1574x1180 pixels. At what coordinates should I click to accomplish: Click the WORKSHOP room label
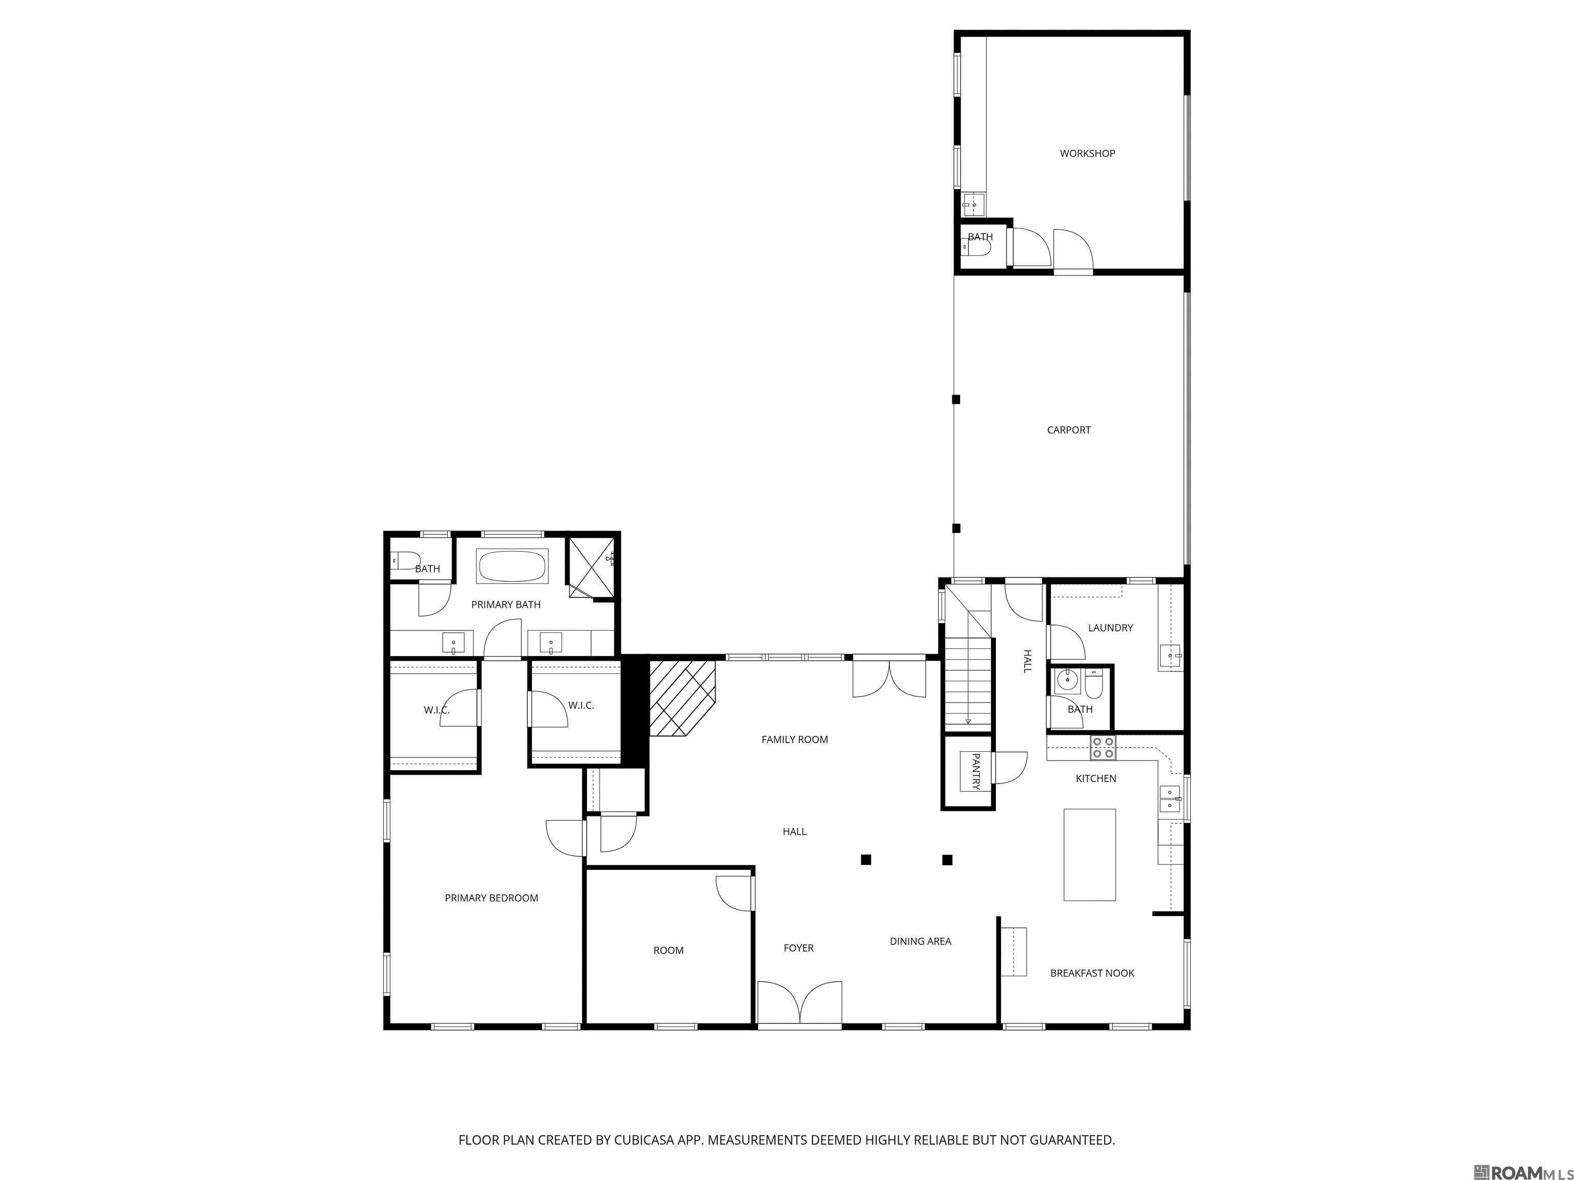pyautogui.click(x=1087, y=154)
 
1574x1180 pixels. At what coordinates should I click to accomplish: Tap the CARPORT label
pyautogui.click(x=1068, y=430)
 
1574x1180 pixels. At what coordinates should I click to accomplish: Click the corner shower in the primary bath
pyautogui.click(x=591, y=566)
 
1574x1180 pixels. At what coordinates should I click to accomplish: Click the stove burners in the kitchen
pyautogui.click(x=1103, y=748)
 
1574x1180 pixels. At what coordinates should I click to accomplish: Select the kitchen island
pyautogui.click(x=1089, y=854)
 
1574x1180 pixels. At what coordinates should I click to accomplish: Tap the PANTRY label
pyautogui.click(x=976, y=772)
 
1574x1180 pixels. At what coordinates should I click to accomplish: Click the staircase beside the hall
pyautogui.click(x=968, y=683)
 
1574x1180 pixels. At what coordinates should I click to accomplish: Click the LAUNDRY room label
pyautogui.click(x=1110, y=628)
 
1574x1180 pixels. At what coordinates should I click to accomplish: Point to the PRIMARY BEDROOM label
pyautogui.click(x=491, y=898)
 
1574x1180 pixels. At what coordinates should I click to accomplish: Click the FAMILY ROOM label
pyautogui.click(x=794, y=740)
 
